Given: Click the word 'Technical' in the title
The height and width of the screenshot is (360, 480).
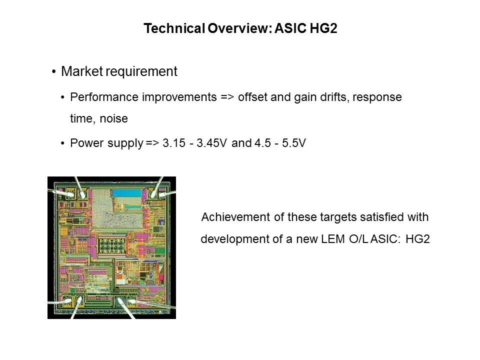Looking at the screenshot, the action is tap(174, 28).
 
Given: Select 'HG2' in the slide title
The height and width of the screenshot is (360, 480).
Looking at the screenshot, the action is tap(323, 28).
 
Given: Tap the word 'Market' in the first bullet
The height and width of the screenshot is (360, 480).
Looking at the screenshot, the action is tap(81, 71).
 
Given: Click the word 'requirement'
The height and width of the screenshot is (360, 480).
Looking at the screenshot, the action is tap(141, 72).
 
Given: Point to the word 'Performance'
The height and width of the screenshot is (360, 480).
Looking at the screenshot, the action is tap(104, 97).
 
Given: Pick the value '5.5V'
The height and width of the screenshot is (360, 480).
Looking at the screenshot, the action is tap(294, 143).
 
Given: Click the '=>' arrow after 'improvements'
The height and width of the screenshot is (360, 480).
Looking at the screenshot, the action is tap(227, 97).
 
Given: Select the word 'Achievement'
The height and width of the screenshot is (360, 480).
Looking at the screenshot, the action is tap(235, 217).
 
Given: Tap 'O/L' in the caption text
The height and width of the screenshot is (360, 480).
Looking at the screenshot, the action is tap(359, 239).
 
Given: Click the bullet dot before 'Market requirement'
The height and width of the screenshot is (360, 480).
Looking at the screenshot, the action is tap(54, 72).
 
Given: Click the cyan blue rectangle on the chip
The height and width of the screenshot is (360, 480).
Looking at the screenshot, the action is tap(126, 193).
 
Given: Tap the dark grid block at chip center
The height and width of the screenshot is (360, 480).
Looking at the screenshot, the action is tap(112, 244).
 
